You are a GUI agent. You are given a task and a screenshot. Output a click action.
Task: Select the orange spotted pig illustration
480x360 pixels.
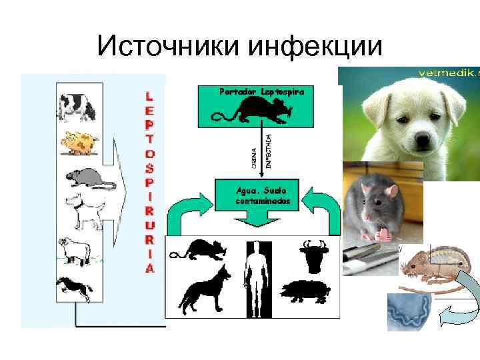[x=79, y=143]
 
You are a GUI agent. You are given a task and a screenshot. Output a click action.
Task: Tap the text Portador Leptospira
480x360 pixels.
[x=263, y=91]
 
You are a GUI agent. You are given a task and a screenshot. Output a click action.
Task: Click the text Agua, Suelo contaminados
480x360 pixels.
[x=262, y=193]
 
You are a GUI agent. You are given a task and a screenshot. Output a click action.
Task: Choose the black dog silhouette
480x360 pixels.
[x=204, y=287]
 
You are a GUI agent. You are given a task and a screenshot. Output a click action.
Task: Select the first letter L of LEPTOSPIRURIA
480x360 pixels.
[x=150, y=96]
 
